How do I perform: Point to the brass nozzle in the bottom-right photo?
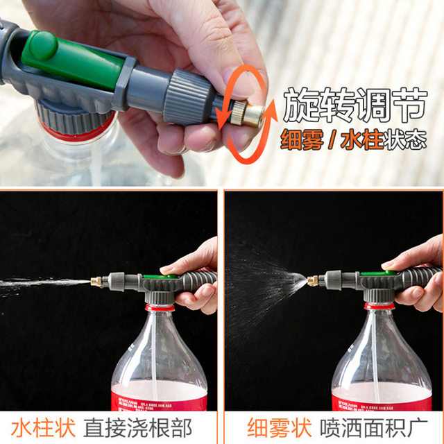313,281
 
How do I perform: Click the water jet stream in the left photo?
42,284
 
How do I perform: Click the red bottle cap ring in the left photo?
160,307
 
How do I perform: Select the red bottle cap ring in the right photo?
379,305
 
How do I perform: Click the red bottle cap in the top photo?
76,128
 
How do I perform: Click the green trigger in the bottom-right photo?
379,273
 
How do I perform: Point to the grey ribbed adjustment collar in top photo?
189,97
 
